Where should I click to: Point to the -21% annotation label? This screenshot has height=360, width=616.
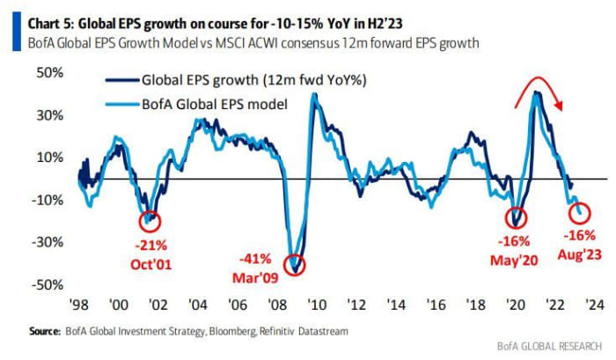tap(149, 244)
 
